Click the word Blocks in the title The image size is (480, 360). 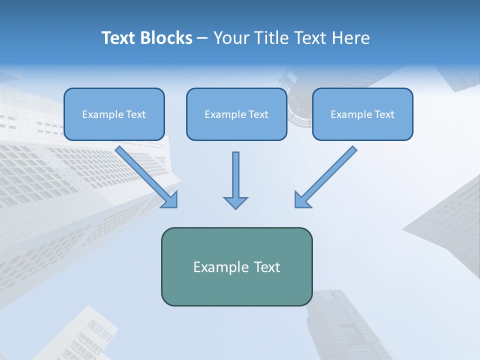[x=167, y=38]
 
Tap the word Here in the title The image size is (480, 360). [x=350, y=38]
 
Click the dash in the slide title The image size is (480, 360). [x=202, y=38]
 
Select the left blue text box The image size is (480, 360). [x=114, y=114]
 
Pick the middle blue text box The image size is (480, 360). [x=236, y=114]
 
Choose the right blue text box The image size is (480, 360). [x=362, y=114]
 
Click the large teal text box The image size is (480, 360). [x=236, y=266]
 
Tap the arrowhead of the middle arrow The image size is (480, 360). [x=235, y=202]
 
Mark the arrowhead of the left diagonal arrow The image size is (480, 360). [x=171, y=200]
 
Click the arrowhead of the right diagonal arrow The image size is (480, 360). [x=301, y=200]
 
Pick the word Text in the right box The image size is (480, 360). [x=384, y=114]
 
